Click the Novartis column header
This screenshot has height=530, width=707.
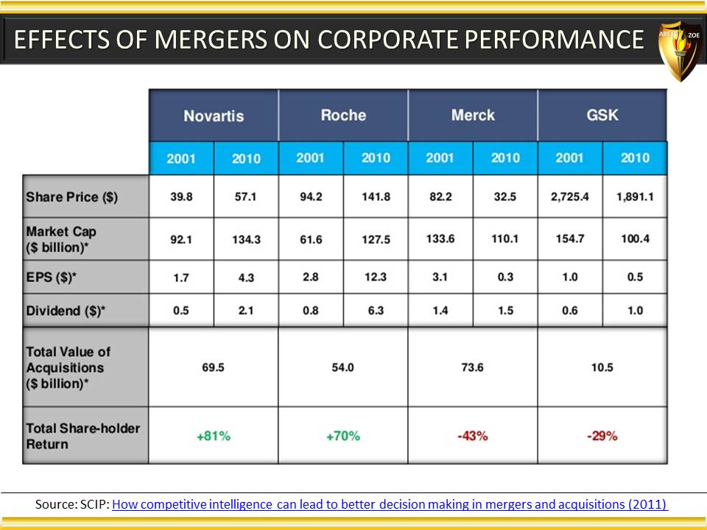214,116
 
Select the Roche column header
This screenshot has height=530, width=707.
343,115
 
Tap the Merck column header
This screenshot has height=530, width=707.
473,115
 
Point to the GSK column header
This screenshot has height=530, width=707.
602,115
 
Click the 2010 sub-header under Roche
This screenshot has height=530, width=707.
376,158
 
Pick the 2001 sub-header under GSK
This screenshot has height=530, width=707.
569,158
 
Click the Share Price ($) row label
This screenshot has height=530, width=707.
71,197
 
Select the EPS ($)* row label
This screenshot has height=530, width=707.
51,277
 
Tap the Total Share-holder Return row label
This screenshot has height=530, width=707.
83,436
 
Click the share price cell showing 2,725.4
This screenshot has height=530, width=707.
569,197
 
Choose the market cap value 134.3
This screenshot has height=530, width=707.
246,239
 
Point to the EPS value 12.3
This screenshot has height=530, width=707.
376,277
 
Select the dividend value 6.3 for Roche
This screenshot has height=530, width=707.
376,311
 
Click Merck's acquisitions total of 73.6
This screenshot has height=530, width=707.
473,367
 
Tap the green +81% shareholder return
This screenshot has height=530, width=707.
214,436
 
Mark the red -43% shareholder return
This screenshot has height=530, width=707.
473,436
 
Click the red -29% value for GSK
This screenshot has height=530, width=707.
602,436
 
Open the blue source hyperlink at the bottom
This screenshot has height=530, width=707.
390,504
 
